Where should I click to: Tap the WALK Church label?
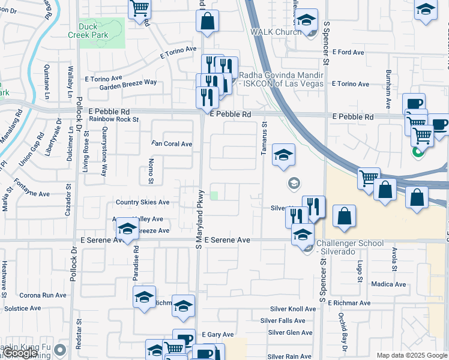click(x=276, y=31)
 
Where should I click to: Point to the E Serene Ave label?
click(x=227, y=240)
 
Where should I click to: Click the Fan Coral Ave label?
click(x=172, y=144)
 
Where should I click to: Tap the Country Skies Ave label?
click(x=143, y=203)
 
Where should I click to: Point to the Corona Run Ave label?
click(x=43, y=295)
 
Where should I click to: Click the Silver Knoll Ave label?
click(x=292, y=309)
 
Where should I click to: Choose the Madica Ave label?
click(x=389, y=284)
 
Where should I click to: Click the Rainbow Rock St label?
click(x=114, y=119)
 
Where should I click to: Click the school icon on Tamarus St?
click(x=283, y=154)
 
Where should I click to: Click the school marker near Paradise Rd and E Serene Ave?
click(x=127, y=228)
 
